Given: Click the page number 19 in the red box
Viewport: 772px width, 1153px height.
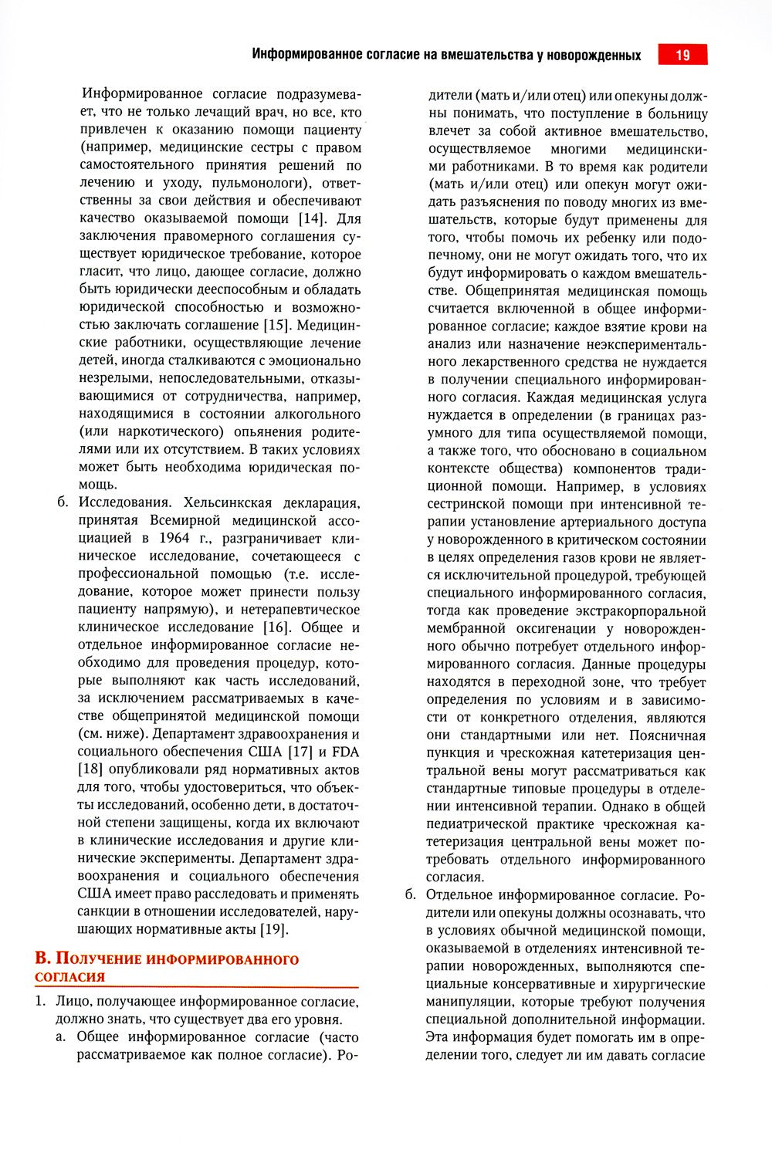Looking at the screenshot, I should coord(682,55).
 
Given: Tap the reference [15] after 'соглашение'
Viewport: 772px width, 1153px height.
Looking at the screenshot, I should coord(277,325).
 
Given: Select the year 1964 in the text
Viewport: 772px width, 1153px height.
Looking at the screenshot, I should coord(177,538).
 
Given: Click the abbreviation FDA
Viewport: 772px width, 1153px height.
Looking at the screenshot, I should coord(346,751).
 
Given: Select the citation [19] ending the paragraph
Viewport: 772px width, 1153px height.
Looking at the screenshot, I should coord(273,929).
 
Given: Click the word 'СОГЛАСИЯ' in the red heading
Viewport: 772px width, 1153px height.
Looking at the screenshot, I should coord(69,976).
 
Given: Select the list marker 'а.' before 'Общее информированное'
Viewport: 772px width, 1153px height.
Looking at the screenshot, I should coord(60,1036).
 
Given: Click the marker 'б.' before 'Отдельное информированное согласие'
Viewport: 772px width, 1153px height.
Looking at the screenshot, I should coord(411,895).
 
